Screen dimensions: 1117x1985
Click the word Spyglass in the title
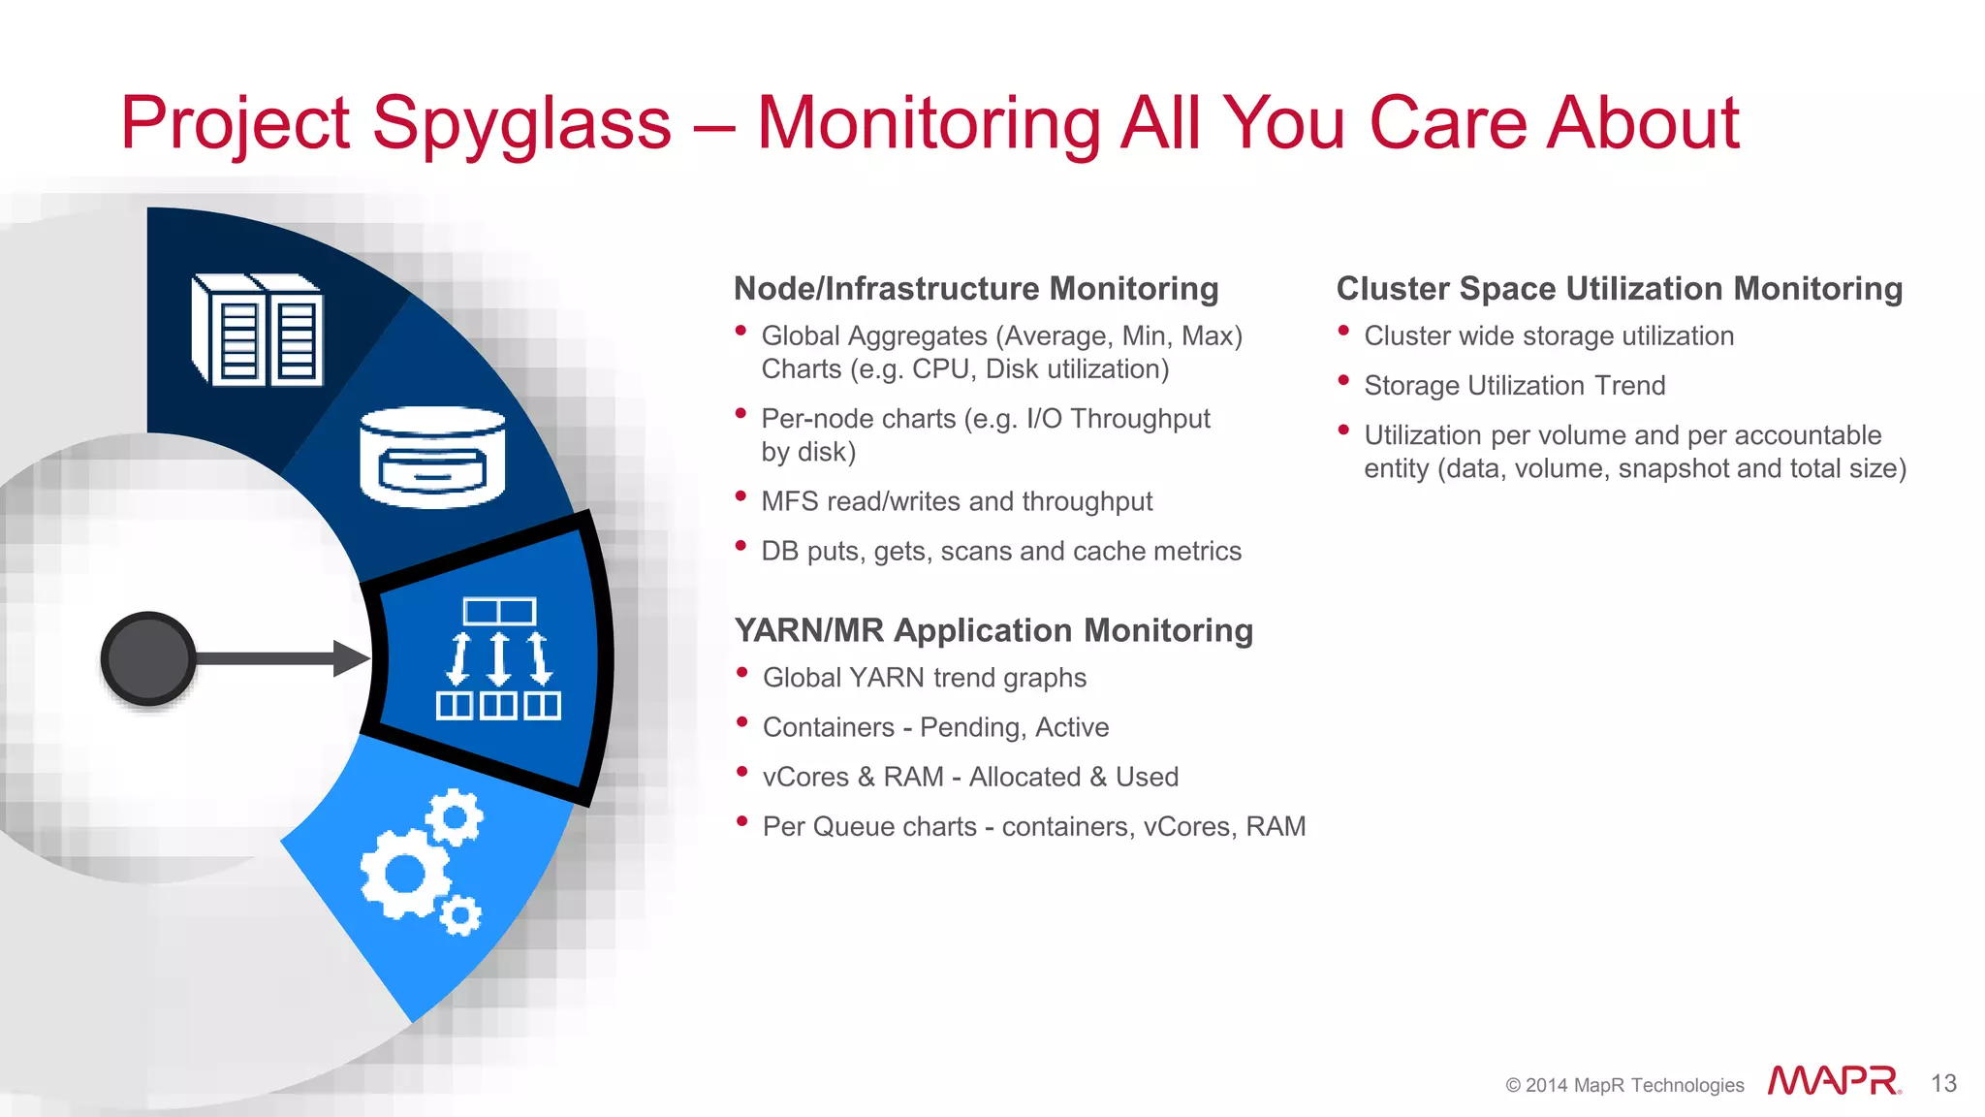click(521, 124)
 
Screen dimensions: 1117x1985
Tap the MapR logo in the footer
click(1833, 1081)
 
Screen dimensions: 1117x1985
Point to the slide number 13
click(1943, 1083)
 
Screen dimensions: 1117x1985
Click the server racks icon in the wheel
click(258, 330)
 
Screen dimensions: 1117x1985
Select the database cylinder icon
click(432, 458)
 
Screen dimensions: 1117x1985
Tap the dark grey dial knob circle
click(148, 658)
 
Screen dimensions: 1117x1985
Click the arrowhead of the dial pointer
click(351, 658)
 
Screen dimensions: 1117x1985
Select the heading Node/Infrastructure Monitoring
click(976, 289)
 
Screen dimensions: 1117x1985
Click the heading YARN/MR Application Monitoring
click(993, 630)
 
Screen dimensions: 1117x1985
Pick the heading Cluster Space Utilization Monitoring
click(1619, 289)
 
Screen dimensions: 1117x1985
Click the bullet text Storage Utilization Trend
click(1514, 386)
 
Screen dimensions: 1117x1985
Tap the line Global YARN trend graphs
click(924, 678)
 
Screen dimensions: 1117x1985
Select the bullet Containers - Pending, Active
click(935, 727)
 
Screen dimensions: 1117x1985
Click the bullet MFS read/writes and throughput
click(957, 501)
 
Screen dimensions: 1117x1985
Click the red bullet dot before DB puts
click(741, 547)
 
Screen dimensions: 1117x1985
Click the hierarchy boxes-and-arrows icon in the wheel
click(498, 658)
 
